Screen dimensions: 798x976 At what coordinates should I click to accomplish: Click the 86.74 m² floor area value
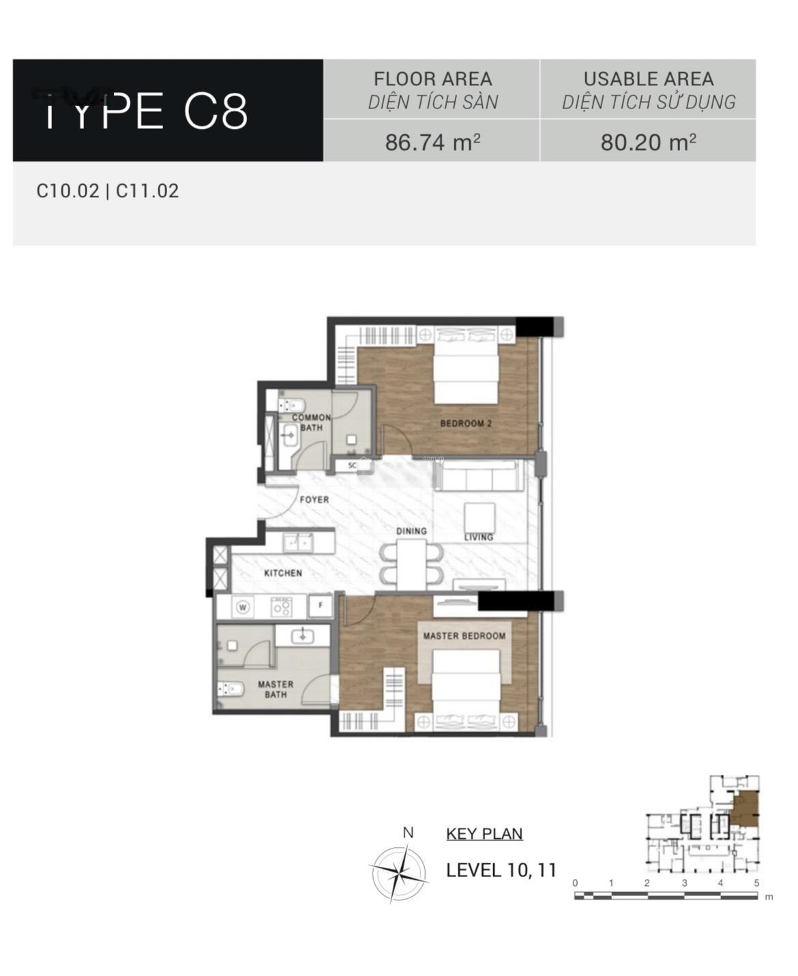[432, 142]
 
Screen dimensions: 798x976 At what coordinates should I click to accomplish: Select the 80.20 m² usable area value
[648, 142]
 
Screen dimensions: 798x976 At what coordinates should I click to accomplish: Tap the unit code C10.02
[68, 191]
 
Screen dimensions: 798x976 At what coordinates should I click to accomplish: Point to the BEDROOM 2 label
[466, 423]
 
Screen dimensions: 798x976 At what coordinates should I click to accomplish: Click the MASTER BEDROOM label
[464, 636]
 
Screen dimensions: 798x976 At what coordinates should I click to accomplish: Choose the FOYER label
[314, 499]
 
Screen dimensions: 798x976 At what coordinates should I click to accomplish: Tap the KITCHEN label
[283, 573]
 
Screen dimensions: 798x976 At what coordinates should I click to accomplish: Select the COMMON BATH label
[311, 422]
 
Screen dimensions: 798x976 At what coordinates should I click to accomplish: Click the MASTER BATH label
[276, 689]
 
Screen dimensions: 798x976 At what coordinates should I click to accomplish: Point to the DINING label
[411, 531]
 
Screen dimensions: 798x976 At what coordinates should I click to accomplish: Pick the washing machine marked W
[243, 607]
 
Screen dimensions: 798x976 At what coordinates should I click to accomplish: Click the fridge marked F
[321, 606]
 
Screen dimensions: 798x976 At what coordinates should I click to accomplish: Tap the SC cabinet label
[352, 465]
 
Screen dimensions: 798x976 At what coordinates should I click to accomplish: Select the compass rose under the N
[398, 872]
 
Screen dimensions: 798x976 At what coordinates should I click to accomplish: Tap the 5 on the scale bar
[757, 883]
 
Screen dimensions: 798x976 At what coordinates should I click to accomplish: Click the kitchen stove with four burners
[282, 607]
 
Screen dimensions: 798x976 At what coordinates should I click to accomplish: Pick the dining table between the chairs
[411, 565]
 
